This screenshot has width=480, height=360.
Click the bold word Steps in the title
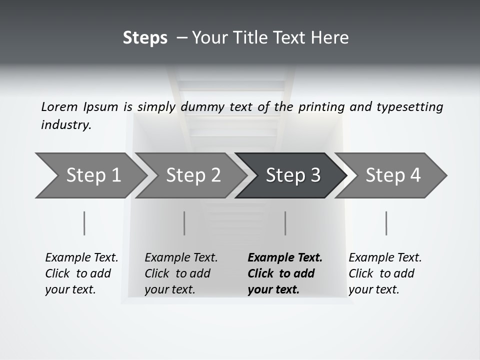pos(145,38)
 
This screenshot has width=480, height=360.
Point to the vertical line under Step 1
pos(84,223)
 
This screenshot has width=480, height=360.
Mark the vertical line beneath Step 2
pos(184,223)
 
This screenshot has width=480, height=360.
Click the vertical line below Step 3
pos(285,223)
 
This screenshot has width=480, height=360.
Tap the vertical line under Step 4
pos(386,223)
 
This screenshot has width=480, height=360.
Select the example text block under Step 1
pos(81,273)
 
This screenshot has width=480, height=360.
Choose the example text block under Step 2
pos(181,273)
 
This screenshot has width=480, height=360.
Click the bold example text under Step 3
pos(285,273)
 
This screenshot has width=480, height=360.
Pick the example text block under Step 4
pos(385,273)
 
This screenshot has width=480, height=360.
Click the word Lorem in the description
pos(59,106)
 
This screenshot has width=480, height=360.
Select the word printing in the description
pos(321,106)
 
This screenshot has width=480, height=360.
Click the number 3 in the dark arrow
pos(315,175)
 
